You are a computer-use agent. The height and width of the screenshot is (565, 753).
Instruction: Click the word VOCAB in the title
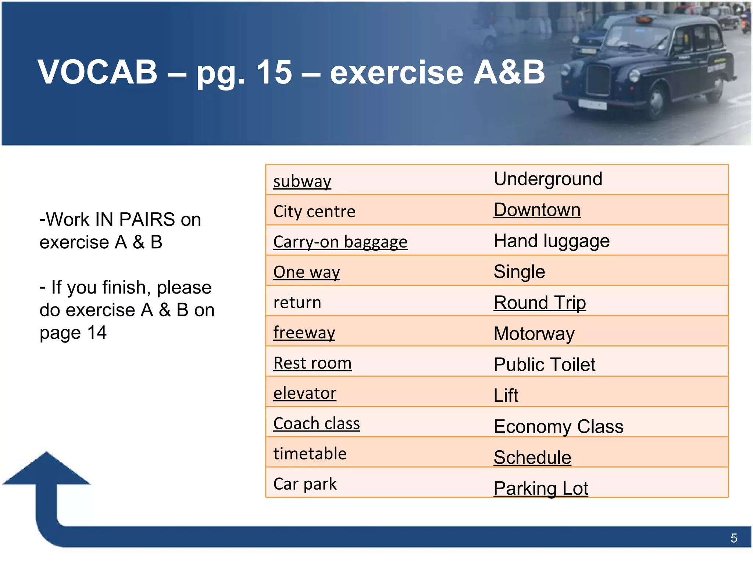click(97, 72)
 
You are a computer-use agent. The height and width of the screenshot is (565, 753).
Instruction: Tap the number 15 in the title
click(274, 72)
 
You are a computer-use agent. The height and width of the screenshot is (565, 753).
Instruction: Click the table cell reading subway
click(302, 181)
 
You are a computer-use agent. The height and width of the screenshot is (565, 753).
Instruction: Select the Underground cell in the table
click(548, 179)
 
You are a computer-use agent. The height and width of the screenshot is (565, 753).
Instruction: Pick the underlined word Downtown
click(537, 210)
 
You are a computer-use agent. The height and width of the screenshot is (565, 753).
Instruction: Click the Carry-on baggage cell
click(340, 242)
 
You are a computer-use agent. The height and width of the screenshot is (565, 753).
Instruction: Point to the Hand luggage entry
click(552, 241)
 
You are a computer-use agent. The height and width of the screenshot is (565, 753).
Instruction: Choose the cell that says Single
click(519, 272)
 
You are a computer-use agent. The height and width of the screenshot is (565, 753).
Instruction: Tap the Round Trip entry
click(539, 303)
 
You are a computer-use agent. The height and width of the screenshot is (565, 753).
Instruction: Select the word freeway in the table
click(304, 333)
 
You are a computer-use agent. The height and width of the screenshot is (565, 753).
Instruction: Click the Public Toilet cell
click(544, 365)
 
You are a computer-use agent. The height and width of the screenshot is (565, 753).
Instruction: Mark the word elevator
click(305, 393)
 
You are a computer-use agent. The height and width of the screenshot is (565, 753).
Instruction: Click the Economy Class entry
click(558, 427)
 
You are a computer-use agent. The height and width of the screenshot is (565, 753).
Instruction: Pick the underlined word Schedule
click(532, 458)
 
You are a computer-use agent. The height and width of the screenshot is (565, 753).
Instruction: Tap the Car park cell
click(305, 484)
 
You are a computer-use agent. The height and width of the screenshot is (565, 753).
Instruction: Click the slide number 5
click(734, 539)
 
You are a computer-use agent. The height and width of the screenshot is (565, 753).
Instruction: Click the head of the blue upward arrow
click(46, 469)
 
